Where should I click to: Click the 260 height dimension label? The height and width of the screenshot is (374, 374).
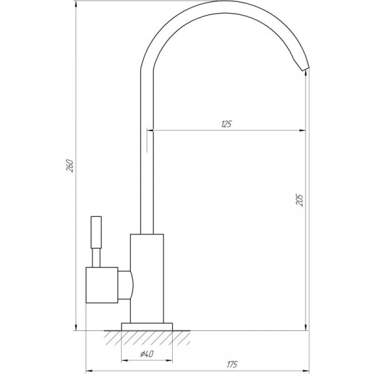[x=70, y=165]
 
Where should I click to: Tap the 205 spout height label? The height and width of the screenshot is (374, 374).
[x=299, y=200]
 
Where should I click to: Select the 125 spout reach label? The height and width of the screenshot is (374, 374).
[x=226, y=124]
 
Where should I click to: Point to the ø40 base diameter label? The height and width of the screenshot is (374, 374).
[x=146, y=353]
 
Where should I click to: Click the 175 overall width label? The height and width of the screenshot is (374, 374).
[x=232, y=365]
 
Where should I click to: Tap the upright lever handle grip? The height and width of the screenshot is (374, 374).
[x=96, y=232]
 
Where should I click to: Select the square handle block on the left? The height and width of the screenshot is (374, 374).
[x=102, y=285]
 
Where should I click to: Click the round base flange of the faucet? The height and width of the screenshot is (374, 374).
[x=147, y=327]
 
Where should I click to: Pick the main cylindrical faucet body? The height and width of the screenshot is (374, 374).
[x=147, y=279]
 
